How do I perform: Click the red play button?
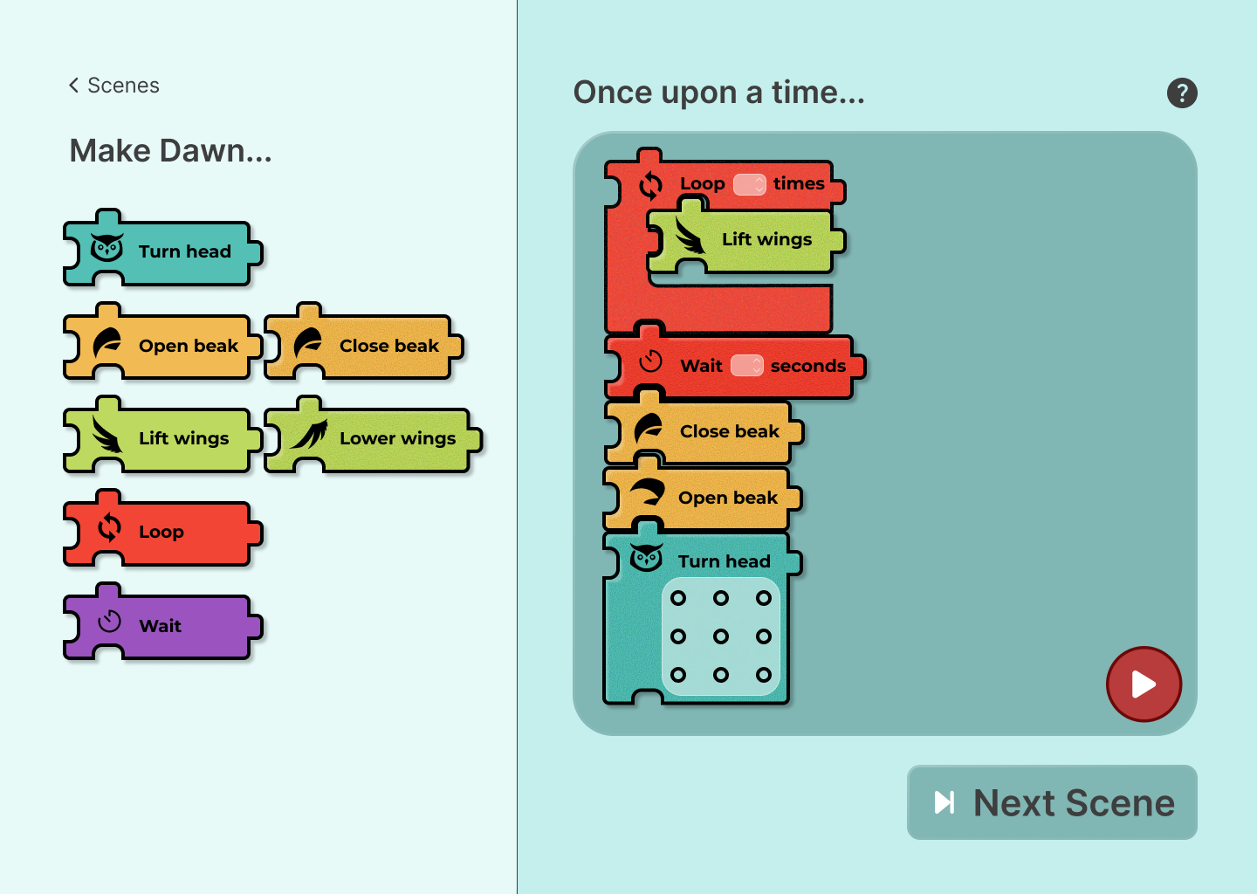tap(1144, 684)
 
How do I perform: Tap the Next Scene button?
tap(1052, 802)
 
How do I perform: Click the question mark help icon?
tap(1182, 93)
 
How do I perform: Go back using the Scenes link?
tap(113, 86)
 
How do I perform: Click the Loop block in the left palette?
tap(162, 528)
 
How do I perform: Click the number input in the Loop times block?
tap(749, 184)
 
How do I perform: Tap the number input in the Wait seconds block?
tap(746, 365)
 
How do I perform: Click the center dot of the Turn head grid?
tap(720, 636)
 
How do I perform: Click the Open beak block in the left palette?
tap(162, 341)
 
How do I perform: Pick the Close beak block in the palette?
tap(364, 341)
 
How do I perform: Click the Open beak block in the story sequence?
tap(703, 494)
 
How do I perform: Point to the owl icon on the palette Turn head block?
tap(106, 247)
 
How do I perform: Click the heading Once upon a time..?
tap(719, 92)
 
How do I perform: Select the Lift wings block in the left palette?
tap(162, 435)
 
